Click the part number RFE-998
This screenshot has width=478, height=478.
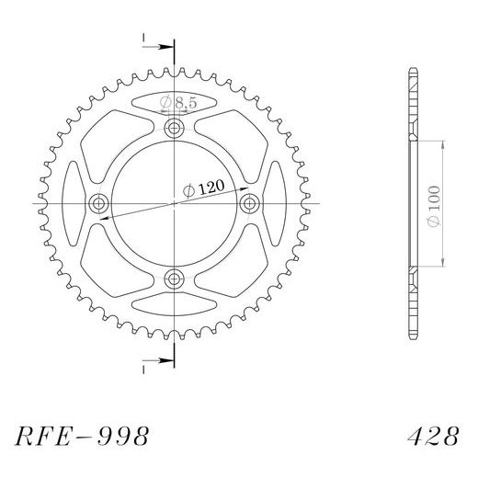coord(82,436)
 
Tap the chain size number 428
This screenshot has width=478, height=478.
coord(434,436)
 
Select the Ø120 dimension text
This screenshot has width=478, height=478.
coord(203,188)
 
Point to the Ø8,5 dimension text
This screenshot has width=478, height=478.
coord(178,103)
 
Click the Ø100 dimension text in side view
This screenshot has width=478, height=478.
coord(434,204)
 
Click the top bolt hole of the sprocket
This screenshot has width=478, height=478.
coord(174,128)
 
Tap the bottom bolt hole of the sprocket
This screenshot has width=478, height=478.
coord(174,279)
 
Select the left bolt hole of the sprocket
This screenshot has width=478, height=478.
coord(98,203)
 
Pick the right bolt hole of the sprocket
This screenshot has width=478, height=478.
coord(250,203)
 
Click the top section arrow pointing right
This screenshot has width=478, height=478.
coord(158,47)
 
